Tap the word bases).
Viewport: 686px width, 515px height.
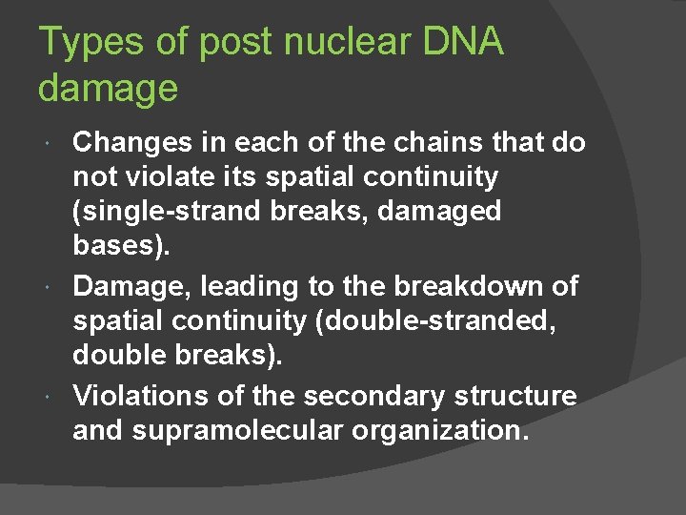122,245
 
